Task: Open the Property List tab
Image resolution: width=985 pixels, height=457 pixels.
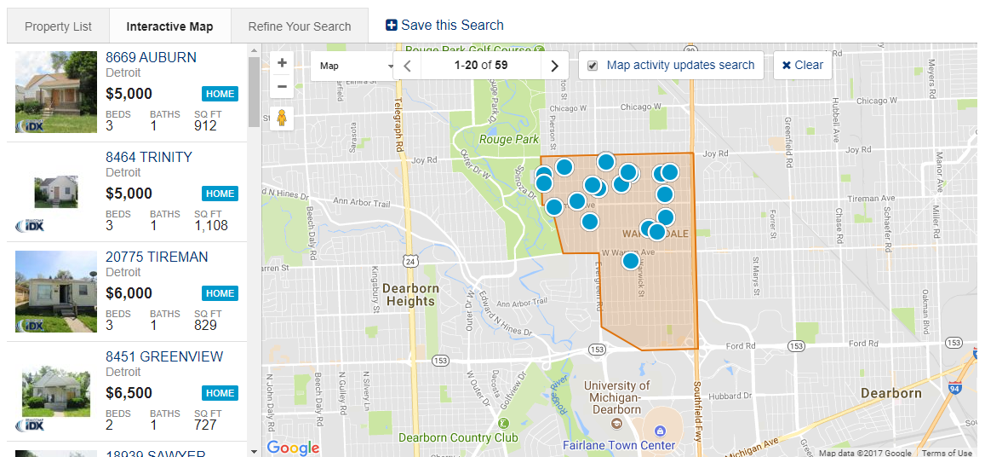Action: [58, 26]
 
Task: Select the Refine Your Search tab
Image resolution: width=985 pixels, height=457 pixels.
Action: [300, 26]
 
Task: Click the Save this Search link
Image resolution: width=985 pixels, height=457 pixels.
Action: [444, 26]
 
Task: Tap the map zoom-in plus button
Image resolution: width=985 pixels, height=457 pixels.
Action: [282, 63]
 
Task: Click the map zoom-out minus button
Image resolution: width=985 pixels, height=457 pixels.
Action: [282, 86]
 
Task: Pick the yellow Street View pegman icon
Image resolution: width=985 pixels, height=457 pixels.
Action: [282, 119]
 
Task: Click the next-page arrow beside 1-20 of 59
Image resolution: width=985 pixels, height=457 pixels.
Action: [554, 66]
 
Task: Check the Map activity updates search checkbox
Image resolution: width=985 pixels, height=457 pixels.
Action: [593, 66]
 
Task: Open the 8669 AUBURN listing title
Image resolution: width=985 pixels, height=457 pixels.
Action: [151, 57]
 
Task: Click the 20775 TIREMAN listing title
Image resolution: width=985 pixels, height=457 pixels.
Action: [157, 257]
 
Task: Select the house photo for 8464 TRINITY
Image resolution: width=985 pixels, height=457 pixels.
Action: [55, 192]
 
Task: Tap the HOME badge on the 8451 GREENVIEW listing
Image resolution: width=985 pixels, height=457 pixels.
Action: [220, 393]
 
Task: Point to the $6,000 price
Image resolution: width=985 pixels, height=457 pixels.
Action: [129, 293]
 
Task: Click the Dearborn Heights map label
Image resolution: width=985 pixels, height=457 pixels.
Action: [412, 294]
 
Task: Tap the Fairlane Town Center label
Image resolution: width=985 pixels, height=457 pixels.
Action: [619, 445]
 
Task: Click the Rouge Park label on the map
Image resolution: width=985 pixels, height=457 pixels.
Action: [509, 140]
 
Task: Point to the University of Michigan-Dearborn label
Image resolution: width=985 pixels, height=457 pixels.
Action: [616, 397]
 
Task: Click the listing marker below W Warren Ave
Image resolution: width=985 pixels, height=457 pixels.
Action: [630, 261]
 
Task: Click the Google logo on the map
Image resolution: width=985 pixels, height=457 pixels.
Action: [293, 448]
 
